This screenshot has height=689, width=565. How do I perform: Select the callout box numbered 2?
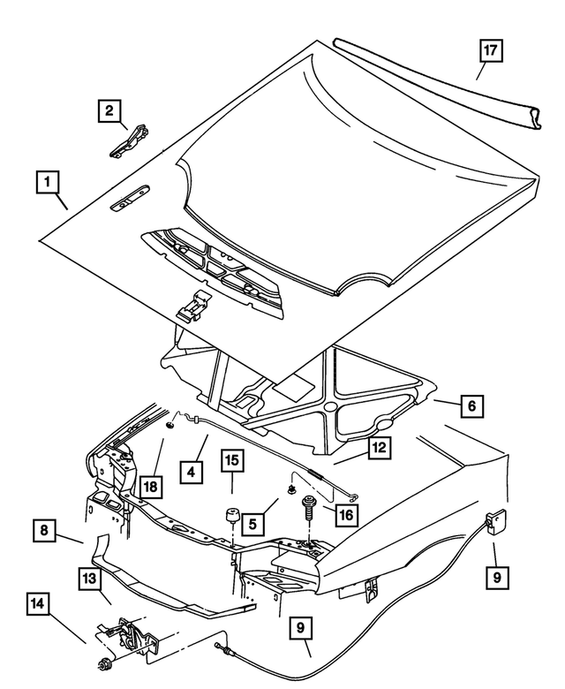click(x=109, y=111)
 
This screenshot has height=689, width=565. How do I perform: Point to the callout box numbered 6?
click(x=471, y=405)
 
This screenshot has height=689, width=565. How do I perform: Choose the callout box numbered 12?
click(x=378, y=449)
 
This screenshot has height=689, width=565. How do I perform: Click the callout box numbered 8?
click(x=43, y=532)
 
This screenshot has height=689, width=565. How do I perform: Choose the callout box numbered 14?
click(x=36, y=605)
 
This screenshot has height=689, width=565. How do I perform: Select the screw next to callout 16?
click(x=309, y=511)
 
